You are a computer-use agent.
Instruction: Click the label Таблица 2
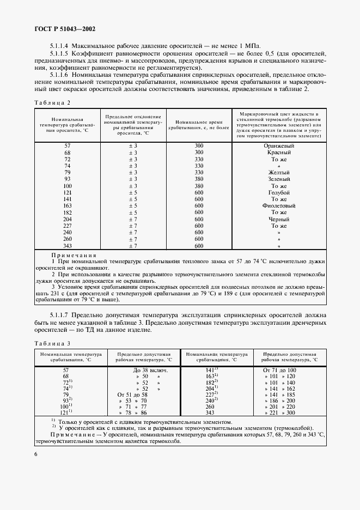(53, 102)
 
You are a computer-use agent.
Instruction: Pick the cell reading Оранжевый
(279, 146)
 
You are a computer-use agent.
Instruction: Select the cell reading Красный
(279, 153)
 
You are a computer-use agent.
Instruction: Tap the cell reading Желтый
(279, 172)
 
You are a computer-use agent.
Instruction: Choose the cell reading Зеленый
(279, 179)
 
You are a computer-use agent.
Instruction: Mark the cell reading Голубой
(279, 192)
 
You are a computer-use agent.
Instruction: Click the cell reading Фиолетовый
(279, 206)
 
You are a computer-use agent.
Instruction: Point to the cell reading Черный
(279, 219)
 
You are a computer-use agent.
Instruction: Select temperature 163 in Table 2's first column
(68, 206)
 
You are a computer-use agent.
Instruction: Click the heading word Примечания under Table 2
(74, 255)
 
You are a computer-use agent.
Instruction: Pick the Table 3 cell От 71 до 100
(279, 369)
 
